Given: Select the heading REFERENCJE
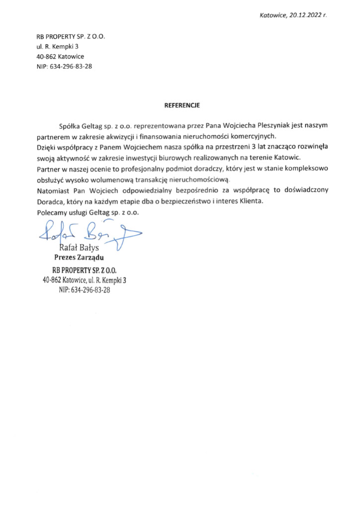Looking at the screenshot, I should click(182, 105).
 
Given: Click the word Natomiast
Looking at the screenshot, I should click(53, 190).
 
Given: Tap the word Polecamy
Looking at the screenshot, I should click(52, 212).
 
